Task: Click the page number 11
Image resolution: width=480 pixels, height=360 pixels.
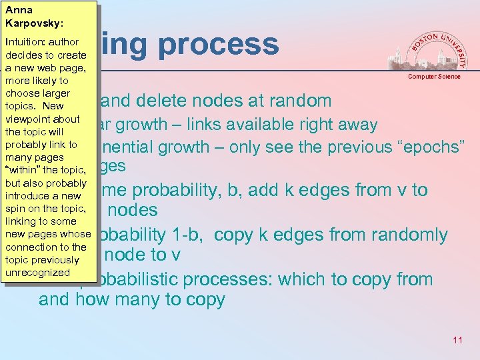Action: (x=457, y=341)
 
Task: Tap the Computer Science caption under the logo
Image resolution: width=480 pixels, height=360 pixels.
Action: (x=434, y=77)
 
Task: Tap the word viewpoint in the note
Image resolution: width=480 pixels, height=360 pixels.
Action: (x=29, y=119)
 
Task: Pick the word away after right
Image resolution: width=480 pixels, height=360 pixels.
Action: (x=352, y=125)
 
